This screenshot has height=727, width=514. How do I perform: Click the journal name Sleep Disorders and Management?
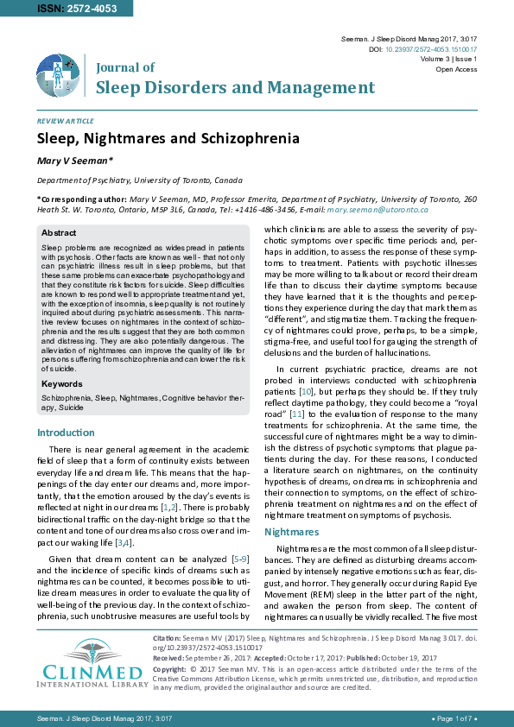pos(235,87)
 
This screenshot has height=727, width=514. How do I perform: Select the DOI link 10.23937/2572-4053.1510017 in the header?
pos(434,50)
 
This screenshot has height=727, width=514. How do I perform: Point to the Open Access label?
pos(456,69)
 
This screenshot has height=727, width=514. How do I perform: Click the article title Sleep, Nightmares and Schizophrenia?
pos(168,138)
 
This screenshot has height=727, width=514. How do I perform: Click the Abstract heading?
pos(59,233)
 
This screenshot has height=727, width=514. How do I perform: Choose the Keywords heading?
pos(63,382)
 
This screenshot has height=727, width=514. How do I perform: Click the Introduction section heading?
pos(67,433)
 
